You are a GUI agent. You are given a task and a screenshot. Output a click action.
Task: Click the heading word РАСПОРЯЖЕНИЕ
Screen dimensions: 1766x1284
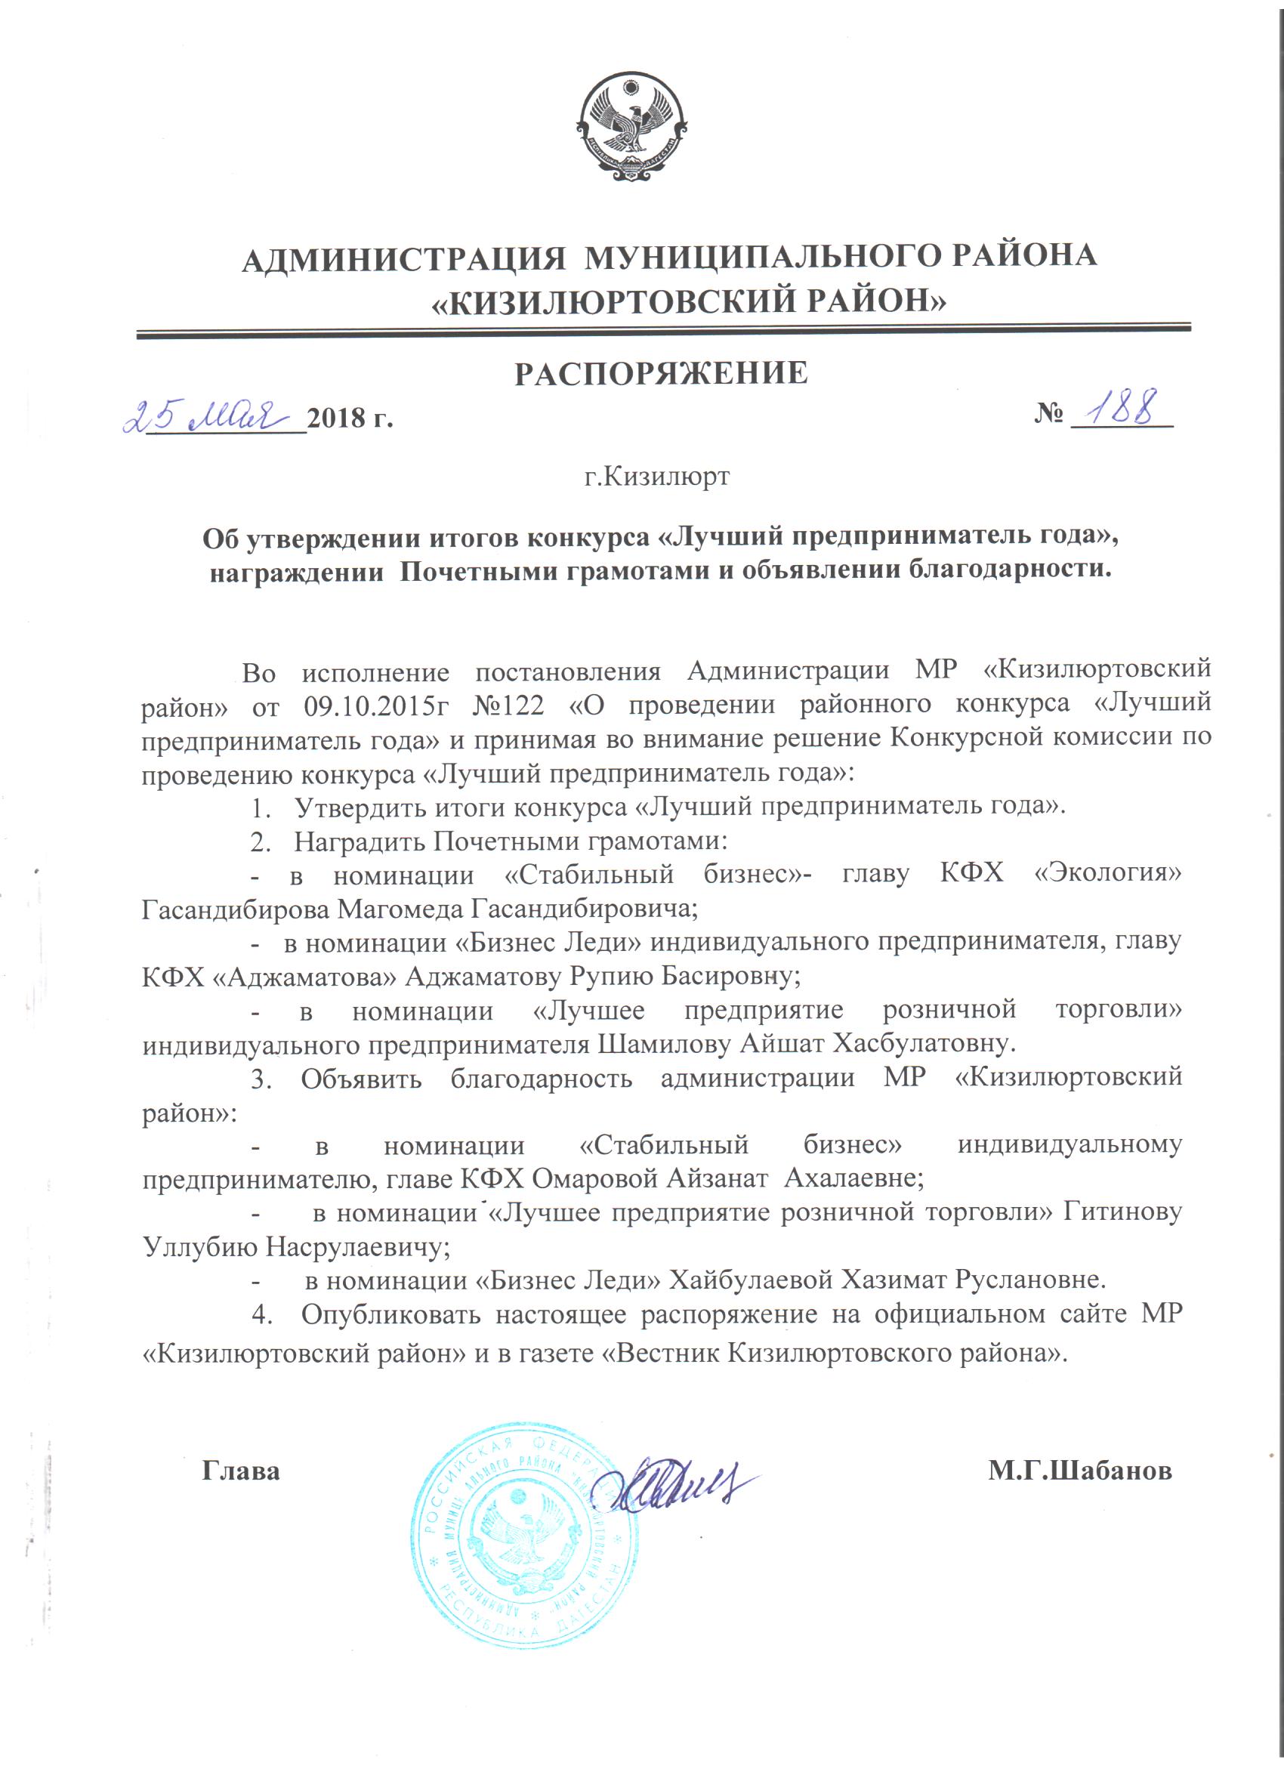click(x=662, y=373)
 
